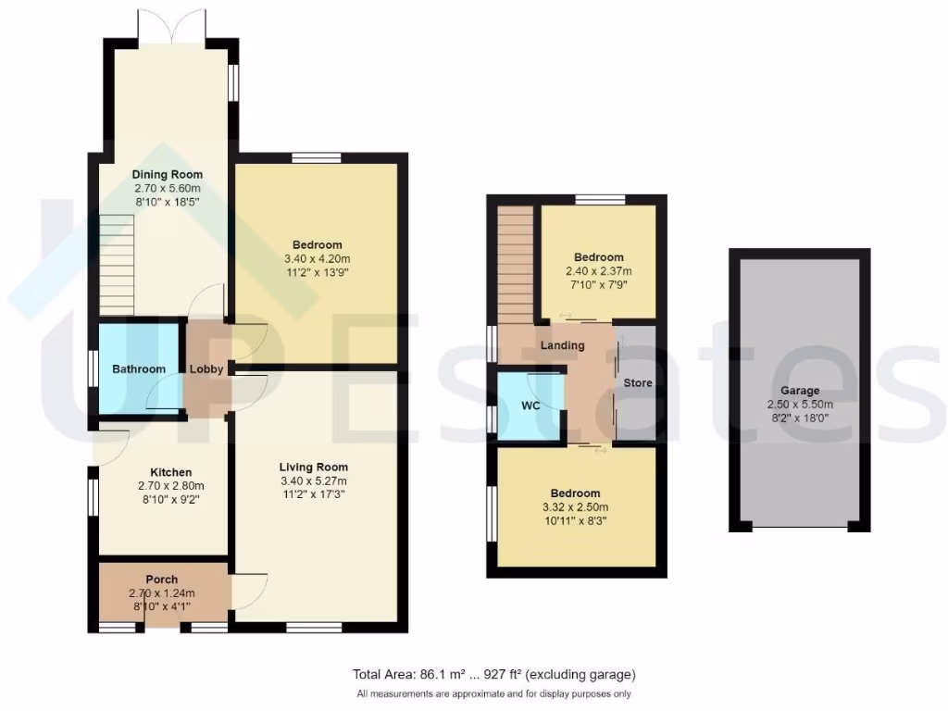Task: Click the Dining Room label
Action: (x=167, y=174)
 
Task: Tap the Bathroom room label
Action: (x=139, y=369)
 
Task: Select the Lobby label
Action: (x=206, y=369)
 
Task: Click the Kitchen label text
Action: (x=164, y=472)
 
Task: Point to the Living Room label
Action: (x=314, y=467)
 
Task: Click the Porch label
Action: (x=161, y=580)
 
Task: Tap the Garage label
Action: (x=800, y=391)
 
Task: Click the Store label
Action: (x=637, y=382)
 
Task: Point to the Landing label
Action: (x=563, y=345)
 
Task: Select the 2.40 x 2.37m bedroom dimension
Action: (x=598, y=271)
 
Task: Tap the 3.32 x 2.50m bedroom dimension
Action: (x=575, y=507)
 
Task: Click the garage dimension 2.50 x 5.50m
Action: (x=800, y=405)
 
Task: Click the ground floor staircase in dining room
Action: (x=117, y=263)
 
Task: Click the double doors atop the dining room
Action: (x=171, y=26)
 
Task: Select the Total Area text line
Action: (x=493, y=675)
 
